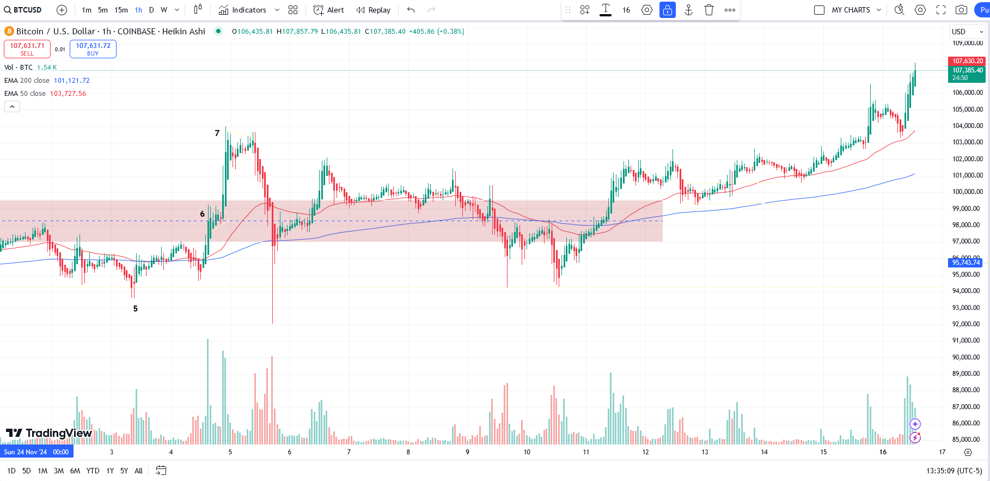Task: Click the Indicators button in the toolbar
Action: (243, 10)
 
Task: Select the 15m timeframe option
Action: (121, 10)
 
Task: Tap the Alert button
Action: (329, 10)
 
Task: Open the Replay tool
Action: (374, 10)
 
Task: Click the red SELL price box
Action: (27, 49)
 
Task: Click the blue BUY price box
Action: (93, 49)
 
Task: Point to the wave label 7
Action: (217, 133)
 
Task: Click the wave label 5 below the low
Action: (136, 308)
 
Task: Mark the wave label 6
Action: (203, 214)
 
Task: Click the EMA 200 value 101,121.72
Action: (71, 81)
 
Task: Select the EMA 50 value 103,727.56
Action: (68, 94)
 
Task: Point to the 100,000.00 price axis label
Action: (968, 192)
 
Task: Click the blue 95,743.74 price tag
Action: (966, 263)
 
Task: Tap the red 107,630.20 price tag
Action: (968, 61)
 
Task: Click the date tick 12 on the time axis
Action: (645, 452)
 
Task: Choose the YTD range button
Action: (93, 471)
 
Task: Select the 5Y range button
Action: (124, 471)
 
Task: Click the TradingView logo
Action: (49, 433)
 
